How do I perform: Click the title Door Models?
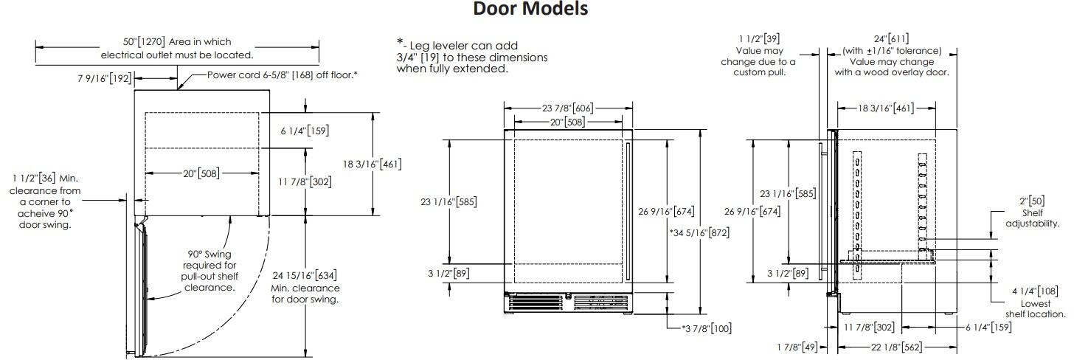530,9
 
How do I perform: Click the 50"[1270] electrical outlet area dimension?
144,42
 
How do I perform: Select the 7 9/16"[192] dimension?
105,78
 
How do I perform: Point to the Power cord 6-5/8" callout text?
282,75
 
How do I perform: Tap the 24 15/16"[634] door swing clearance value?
305,276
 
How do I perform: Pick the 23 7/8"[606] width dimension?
568,108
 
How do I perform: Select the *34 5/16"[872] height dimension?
699,233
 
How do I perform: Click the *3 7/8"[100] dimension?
707,328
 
